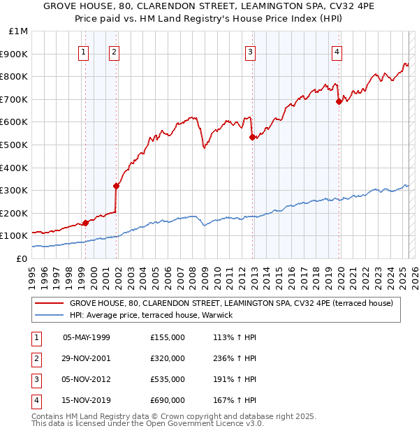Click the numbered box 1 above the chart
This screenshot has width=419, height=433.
[84, 51]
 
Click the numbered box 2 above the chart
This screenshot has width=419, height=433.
[114, 51]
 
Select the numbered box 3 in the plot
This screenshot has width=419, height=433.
[250, 51]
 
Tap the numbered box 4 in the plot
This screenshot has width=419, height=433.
[337, 51]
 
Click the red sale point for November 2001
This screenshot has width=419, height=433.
[117, 186]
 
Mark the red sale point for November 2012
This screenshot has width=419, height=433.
[252, 137]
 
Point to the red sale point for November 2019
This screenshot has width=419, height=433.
[339, 101]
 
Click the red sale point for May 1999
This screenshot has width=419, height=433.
[85, 223]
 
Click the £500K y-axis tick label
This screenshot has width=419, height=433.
[15, 145]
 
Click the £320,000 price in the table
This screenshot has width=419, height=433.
[168, 358]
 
